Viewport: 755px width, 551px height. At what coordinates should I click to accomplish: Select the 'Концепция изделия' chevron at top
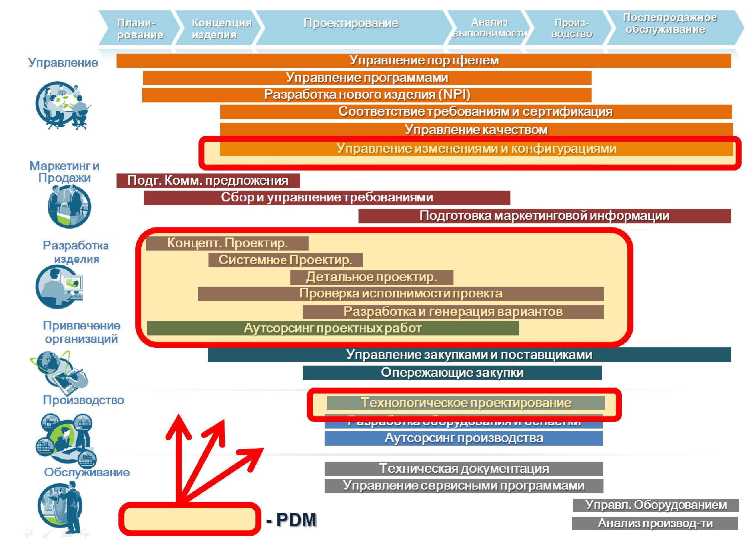[x=220, y=28]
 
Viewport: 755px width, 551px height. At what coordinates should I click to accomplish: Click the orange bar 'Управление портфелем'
[x=424, y=60]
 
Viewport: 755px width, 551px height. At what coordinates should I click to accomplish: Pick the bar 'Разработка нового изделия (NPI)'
[x=367, y=95]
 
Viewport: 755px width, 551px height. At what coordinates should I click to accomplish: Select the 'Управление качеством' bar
[x=476, y=130]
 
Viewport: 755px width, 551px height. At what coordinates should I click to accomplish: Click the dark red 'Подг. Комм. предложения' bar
[x=208, y=181]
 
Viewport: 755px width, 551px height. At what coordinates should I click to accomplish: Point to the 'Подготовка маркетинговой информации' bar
[x=544, y=216]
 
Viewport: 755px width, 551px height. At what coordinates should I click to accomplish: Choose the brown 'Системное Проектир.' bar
[x=285, y=260]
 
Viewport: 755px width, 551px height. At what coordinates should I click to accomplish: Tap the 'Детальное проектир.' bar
[x=372, y=277]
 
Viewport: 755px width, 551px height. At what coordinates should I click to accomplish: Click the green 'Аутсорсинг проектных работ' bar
[x=332, y=328]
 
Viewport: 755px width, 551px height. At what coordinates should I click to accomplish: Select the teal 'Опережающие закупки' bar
[x=452, y=373]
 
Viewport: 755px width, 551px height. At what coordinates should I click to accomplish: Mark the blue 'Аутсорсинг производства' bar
[x=463, y=438]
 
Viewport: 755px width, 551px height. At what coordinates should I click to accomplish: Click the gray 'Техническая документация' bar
[x=463, y=469]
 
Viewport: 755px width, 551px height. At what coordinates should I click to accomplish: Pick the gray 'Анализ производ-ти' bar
[x=655, y=523]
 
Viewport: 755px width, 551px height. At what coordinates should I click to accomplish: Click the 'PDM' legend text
[x=296, y=520]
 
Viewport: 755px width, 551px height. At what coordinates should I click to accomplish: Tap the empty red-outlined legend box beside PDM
[x=190, y=519]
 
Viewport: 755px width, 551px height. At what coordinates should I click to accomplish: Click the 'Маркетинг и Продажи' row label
[x=64, y=172]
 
